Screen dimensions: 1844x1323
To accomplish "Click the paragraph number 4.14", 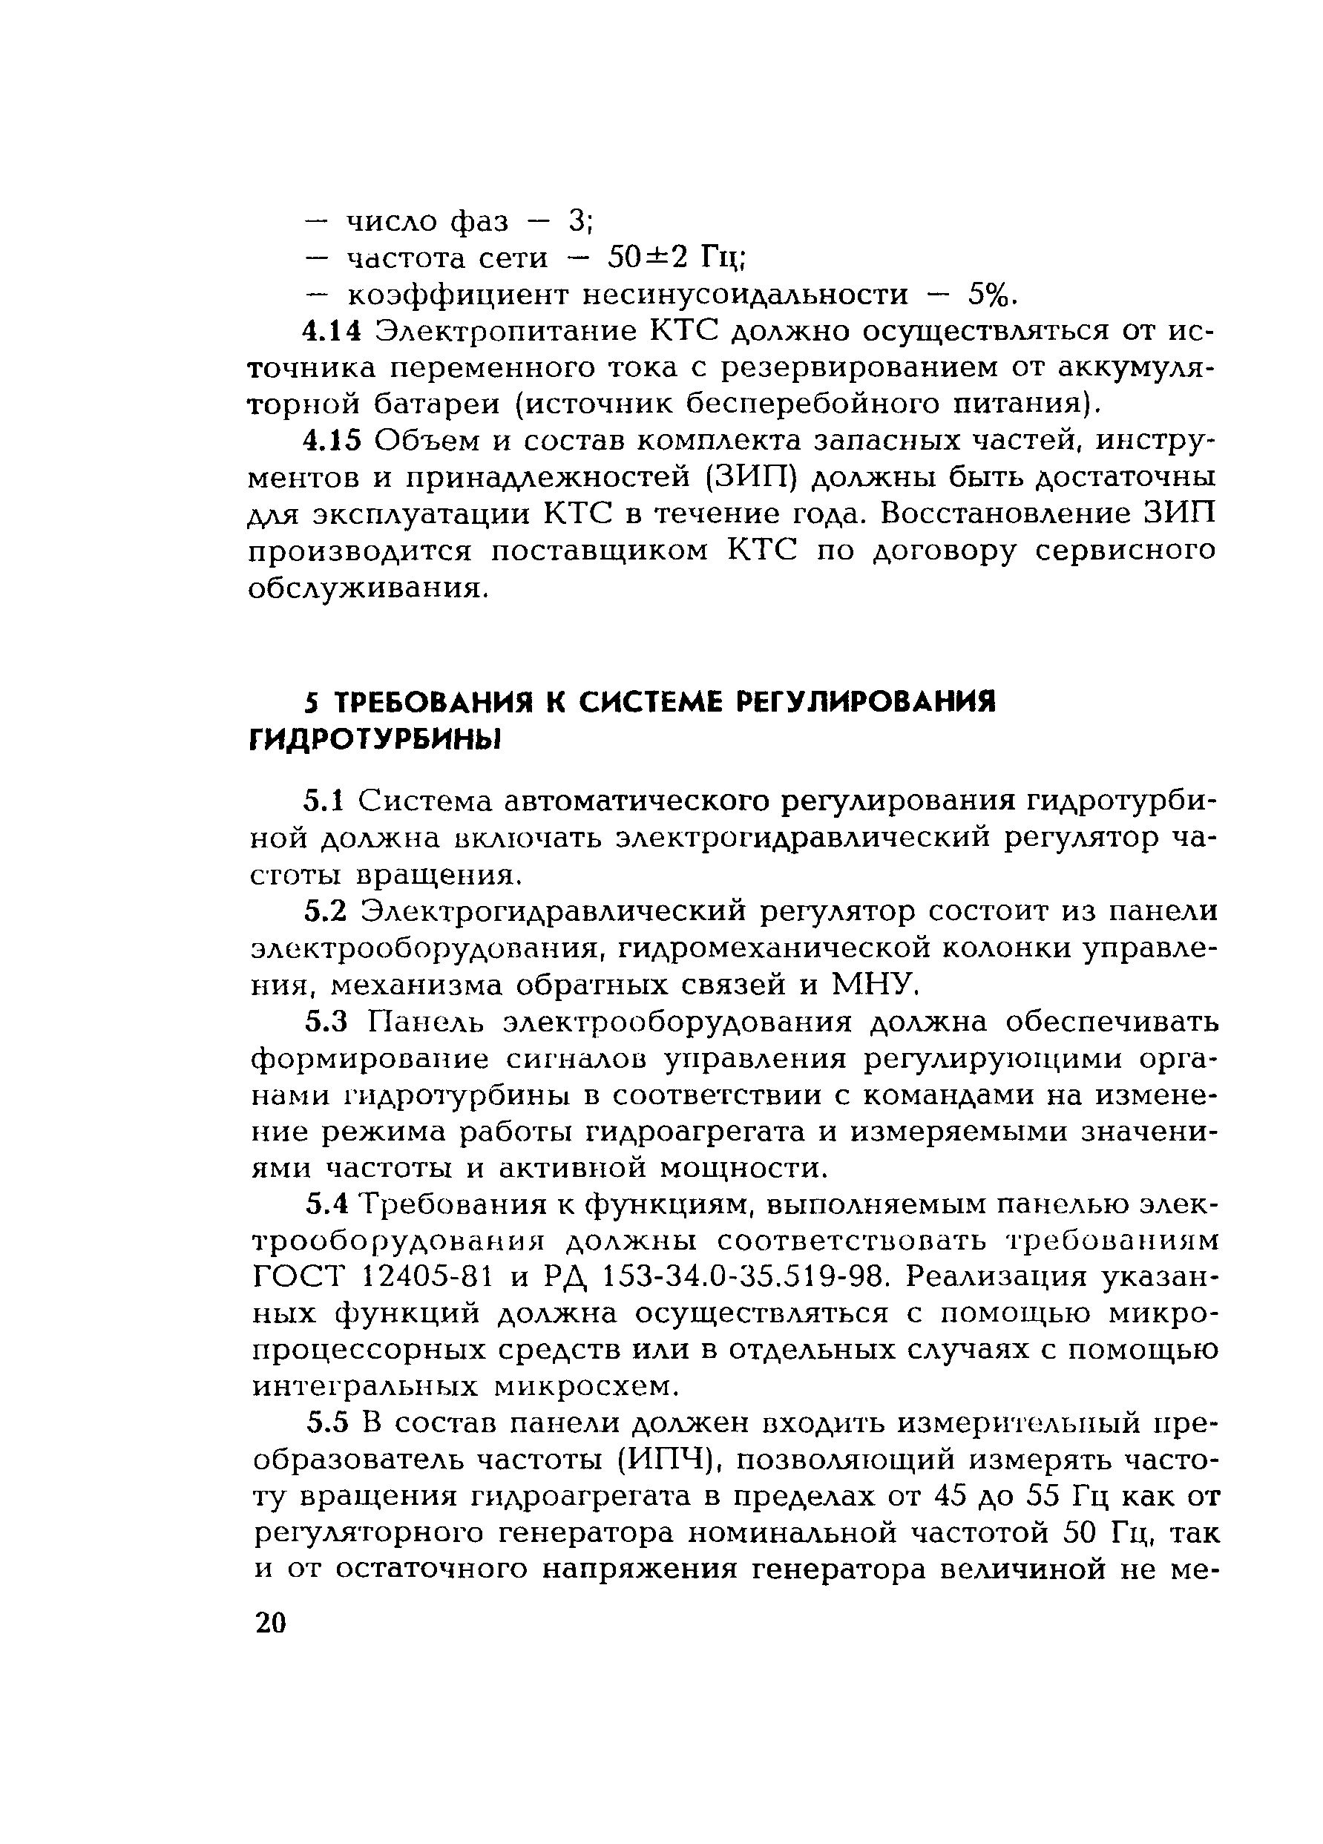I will (x=332, y=331).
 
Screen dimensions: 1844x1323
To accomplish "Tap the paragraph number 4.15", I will (x=332, y=440).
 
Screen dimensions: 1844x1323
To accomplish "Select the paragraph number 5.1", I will (x=325, y=801).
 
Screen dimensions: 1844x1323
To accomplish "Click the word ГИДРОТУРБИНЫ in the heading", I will (x=375, y=739).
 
